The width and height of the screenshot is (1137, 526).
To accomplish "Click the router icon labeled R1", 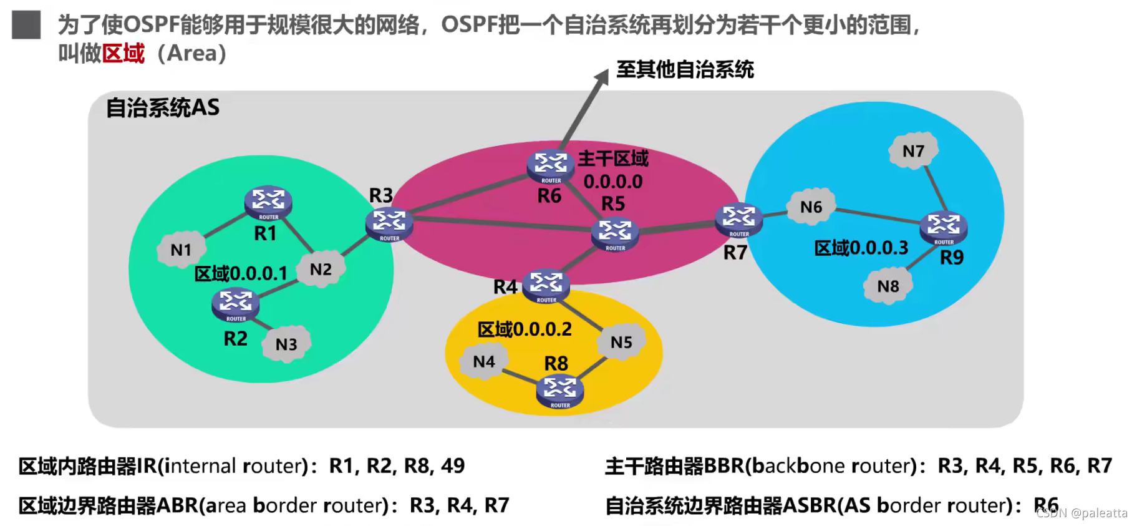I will pos(268,203).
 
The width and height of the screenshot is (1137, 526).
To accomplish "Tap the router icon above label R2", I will pos(235,304).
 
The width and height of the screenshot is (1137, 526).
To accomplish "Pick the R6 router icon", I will pos(551,166).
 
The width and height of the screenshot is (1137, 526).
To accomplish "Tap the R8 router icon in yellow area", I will pos(559,391).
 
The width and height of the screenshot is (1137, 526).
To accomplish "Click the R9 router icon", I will pos(944,228).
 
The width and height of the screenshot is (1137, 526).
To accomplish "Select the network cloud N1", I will pos(181,250).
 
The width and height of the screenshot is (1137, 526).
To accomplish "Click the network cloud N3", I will pos(286,344).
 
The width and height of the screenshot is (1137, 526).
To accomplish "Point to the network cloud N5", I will pos(621,342).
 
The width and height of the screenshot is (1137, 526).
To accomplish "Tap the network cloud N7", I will pos(913,151).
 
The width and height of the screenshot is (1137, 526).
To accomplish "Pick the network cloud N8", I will pos(888,286).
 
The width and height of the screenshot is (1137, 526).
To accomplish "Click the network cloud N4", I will pos(484,361).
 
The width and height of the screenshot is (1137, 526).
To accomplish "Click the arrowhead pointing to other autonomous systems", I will pos(602,77).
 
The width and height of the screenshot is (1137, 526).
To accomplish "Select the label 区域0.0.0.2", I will pos(525,329).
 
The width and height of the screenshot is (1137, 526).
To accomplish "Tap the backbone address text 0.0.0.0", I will pos(613,182).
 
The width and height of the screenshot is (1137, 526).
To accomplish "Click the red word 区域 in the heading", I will pos(123,54).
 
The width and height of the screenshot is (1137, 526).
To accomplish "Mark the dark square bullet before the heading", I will pos(26,26).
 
